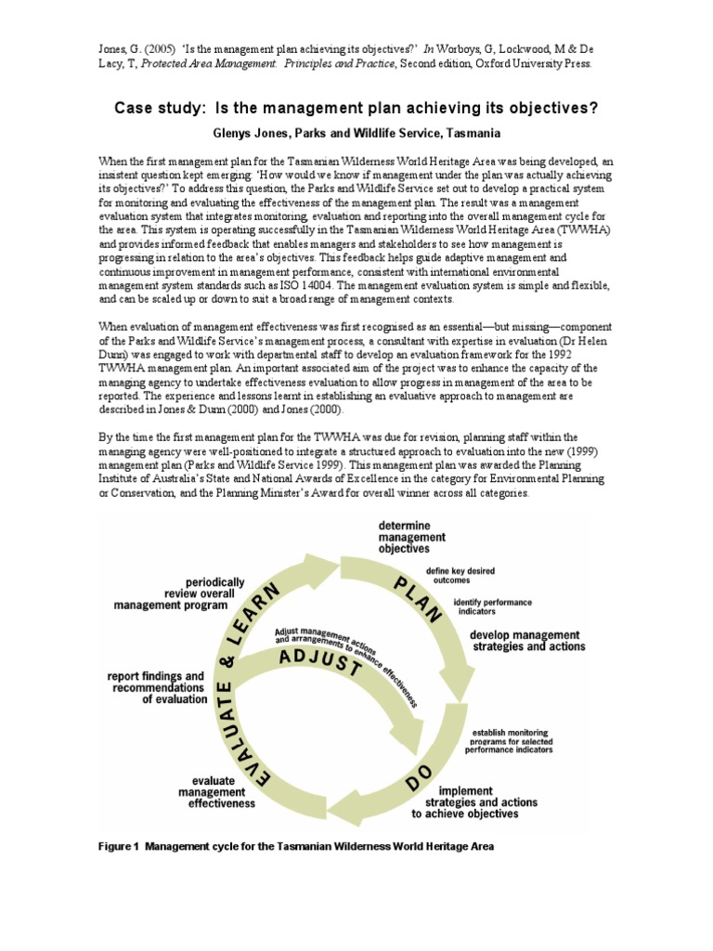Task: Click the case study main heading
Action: (356, 109)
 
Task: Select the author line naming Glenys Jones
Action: (356, 134)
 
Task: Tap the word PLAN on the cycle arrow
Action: (418, 603)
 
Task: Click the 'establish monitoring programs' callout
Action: (512, 740)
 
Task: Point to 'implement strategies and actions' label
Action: (478, 802)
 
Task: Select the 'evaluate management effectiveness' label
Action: (209, 792)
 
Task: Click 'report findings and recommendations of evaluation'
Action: (158, 687)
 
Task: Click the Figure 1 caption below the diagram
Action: (296, 846)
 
